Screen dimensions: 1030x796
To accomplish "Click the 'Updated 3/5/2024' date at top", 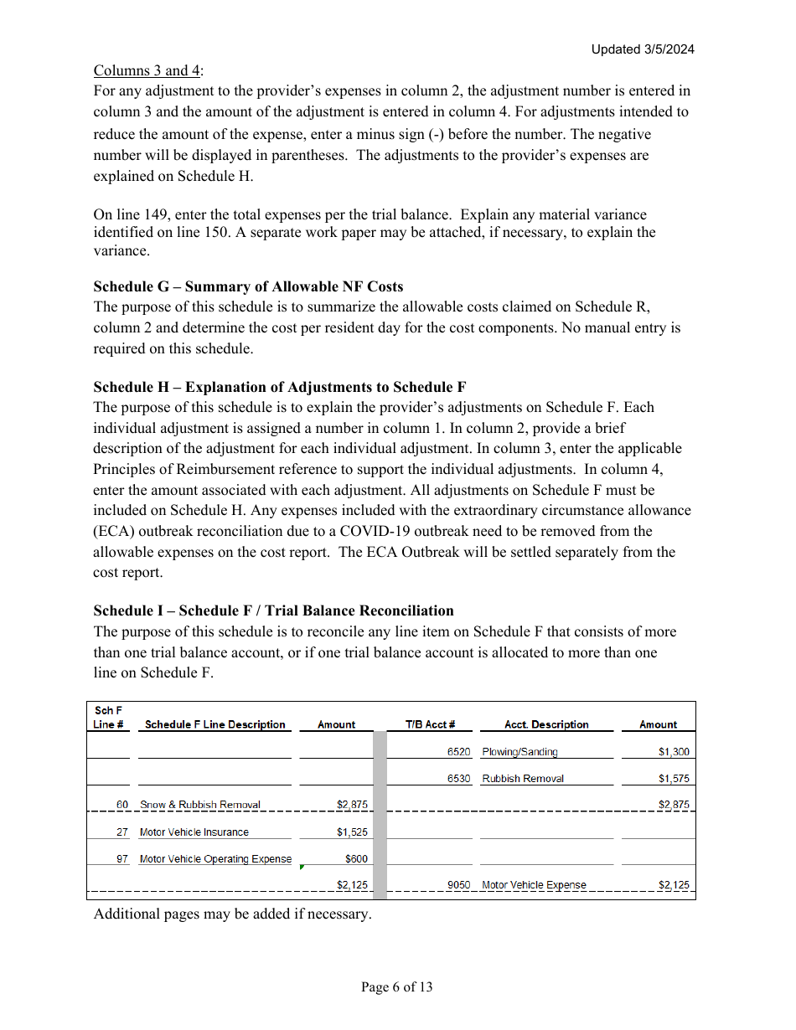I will pos(643,49).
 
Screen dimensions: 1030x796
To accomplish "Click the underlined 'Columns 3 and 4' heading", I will pos(147,70).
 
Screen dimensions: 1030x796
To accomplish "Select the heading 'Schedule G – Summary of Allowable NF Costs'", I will pos(248,286).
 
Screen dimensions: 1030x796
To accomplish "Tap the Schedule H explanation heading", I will pos(280,387).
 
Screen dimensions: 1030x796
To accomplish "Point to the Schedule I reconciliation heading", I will pos(273,610).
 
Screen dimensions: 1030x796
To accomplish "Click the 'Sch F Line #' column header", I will pos(109,718).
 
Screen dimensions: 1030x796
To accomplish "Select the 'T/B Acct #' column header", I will pos(430,724).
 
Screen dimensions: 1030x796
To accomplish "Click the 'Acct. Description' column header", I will pos(546,724).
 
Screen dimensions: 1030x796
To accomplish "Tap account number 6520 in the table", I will pos(458,752).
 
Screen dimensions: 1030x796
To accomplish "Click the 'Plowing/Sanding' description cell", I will pos(519,752).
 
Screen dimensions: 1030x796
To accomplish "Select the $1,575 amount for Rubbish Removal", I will pos(674,779).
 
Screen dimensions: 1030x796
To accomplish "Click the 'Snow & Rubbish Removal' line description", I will pos(200,805).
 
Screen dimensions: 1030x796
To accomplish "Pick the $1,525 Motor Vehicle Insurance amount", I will pos(352,832).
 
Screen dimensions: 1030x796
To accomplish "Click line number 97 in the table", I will pos(122,859).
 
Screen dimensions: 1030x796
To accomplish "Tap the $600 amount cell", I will pos(356,859).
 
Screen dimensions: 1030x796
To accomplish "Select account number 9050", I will pos(458,885).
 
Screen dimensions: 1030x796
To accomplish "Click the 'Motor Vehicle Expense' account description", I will pos(534,885).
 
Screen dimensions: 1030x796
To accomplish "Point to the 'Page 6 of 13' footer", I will pos(396,987).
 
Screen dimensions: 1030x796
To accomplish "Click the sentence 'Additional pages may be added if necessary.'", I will pos(232,914).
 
